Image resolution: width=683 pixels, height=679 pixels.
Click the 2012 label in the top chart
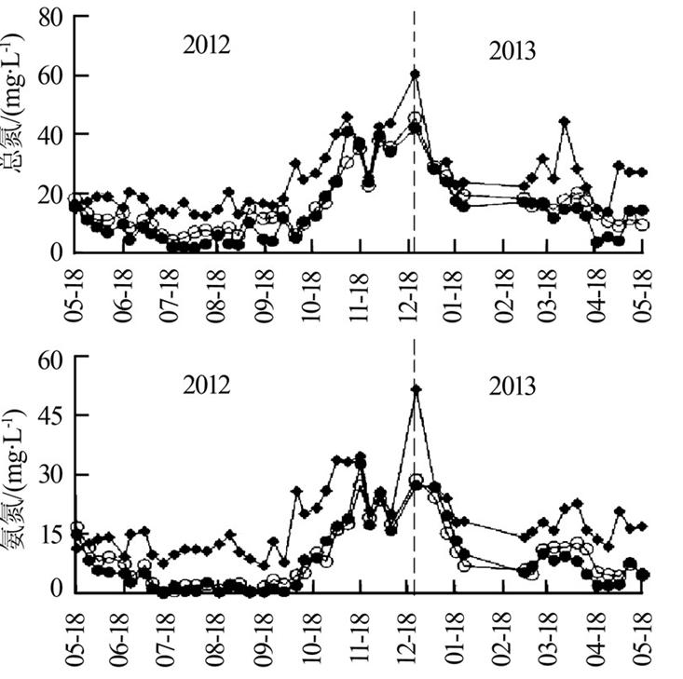pyautogui.click(x=206, y=46)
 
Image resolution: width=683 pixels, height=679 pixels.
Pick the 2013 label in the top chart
pyautogui.click(x=512, y=51)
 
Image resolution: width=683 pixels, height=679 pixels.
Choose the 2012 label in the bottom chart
pyautogui.click(x=206, y=385)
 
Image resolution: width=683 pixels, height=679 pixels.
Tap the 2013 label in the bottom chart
pyautogui.click(x=512, y=385)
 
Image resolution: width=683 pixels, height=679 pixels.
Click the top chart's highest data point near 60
pyautogui.click(x=415, y=74)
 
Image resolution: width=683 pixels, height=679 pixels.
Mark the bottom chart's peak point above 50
pyautogui.click(x=416, y=388)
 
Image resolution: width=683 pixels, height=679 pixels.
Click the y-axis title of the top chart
pyautogui.click(x=16, y=135)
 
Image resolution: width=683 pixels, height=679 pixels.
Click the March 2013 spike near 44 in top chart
pyautogui.click(x=564, y=121)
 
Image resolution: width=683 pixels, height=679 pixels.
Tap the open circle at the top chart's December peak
pyautogui.click(x=416, y=118)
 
